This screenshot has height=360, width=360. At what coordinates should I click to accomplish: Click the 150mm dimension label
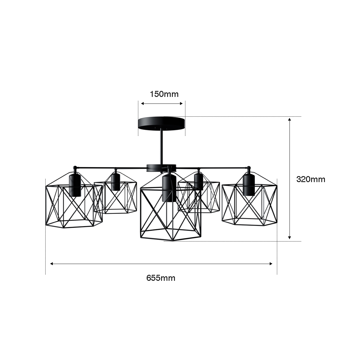164,94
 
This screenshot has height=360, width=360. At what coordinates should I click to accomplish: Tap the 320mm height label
311,179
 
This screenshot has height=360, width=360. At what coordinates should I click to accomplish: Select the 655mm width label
161,278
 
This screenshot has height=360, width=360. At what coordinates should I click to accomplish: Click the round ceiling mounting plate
161,123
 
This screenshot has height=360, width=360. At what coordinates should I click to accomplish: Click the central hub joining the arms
161,168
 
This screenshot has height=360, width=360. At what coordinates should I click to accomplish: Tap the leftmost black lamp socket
75,185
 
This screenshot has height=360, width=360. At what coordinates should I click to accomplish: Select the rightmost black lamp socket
249,185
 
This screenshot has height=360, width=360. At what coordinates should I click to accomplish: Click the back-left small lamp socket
115,181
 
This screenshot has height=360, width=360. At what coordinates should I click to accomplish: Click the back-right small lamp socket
199,181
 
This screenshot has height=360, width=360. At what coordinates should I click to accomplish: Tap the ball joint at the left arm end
75,168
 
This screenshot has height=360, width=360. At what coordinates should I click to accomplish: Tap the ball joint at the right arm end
249,168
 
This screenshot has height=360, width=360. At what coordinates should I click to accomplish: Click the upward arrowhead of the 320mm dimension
289,120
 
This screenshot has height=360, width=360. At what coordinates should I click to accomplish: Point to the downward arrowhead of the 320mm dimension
289,238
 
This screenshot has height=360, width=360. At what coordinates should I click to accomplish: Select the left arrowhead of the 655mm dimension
52,264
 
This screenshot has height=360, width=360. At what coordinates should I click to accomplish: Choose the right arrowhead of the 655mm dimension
271,264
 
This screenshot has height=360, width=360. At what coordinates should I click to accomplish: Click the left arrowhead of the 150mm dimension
142,103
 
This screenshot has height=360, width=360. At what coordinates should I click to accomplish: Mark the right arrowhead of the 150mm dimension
181,103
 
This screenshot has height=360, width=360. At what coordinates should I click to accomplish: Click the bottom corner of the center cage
172,241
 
